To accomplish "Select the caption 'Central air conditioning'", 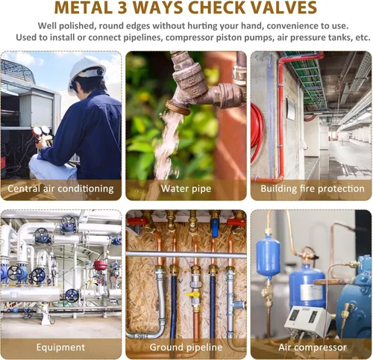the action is [60, 188].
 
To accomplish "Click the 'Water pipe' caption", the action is [186, 188].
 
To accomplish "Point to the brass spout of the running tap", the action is [178, 108].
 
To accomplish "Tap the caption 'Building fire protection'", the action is [313, 188].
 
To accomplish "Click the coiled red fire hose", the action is [257, 132].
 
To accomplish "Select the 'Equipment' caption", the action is [60, 347].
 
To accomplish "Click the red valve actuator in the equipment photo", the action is [101, 265].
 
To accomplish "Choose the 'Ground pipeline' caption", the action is [186, 347].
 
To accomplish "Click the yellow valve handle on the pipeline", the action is [193, 295].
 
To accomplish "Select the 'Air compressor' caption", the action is [313, 347].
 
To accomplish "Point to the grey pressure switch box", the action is [308, 320].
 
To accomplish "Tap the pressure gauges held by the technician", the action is [41, 131].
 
